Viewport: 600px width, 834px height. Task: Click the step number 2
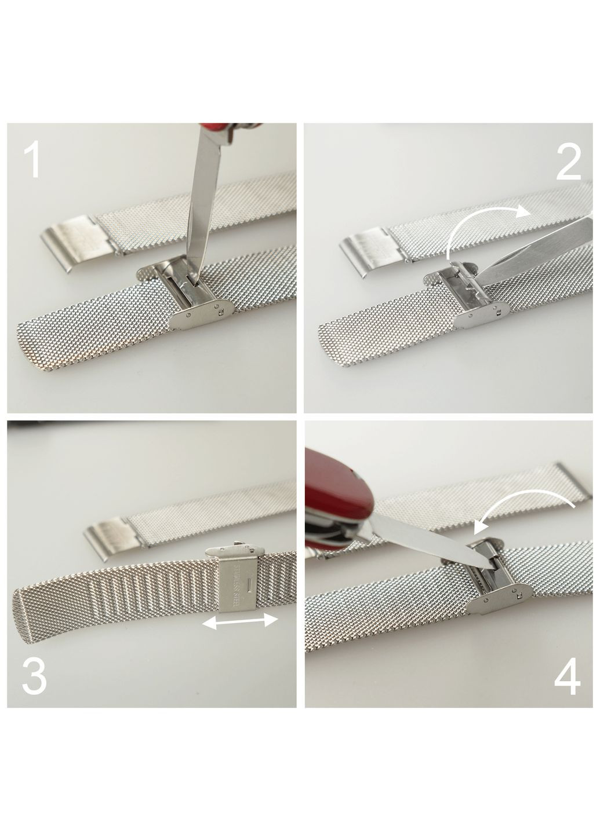point(568,161)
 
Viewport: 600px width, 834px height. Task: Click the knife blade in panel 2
point(537,248)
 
